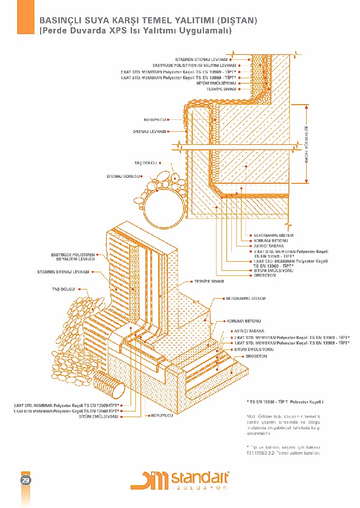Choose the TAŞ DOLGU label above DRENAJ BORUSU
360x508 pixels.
coord(145,163)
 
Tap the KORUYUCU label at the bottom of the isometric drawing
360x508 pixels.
coord(162,416)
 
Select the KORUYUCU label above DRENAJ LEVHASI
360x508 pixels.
coord(156,120)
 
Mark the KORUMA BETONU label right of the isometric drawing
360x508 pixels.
coord(244,322)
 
